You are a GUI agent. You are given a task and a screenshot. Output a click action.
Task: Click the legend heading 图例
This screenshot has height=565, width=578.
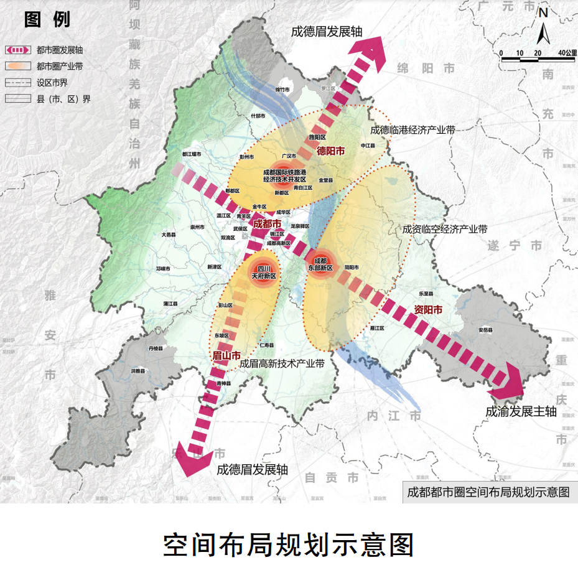[x=47, y=19]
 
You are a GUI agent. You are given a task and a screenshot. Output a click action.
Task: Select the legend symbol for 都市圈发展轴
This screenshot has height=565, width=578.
[x=18, y=50]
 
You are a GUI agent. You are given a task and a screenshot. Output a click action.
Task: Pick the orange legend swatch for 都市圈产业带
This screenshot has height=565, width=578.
[x=18, y=65]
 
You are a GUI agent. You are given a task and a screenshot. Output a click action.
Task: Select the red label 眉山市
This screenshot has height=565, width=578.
[x=227, y=355]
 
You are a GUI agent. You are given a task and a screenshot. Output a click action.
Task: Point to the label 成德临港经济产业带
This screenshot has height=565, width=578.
[x=412, y=130]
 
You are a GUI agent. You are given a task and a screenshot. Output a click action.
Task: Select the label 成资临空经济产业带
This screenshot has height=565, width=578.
[x=444, y=229]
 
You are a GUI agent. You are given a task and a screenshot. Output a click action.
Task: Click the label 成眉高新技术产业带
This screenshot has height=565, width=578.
[x=282, y=363]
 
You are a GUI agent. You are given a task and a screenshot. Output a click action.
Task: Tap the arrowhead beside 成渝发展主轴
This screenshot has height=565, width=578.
[x=509, y=383]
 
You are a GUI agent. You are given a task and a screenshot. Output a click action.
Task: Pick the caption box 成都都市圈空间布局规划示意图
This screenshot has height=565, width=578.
[x=488, y=491]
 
